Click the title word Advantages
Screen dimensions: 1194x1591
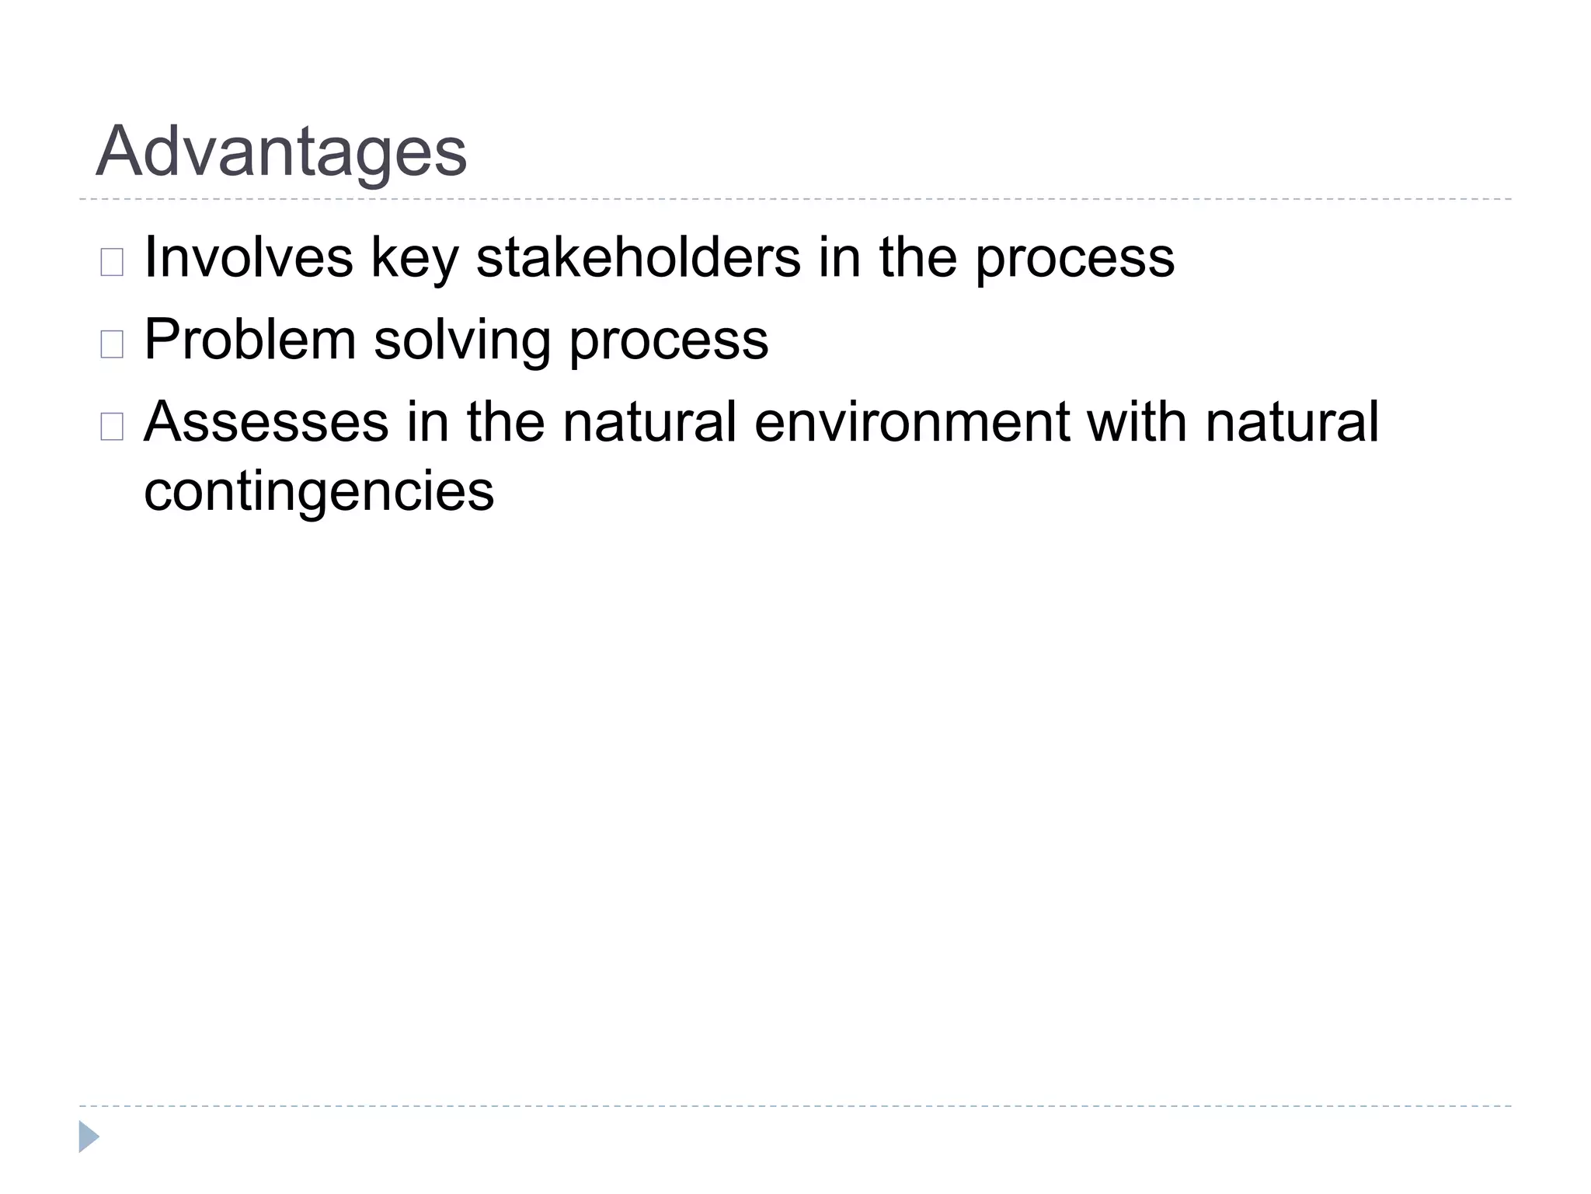tap(280, 152)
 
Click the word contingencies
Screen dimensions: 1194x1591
tap(319, 493)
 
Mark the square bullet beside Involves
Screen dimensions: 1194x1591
tap(112, 263)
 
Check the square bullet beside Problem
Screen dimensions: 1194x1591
tap(112, 344)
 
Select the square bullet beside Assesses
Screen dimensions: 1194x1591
tap(112, 427)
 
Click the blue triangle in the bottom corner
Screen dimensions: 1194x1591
tap(89, 1136)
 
